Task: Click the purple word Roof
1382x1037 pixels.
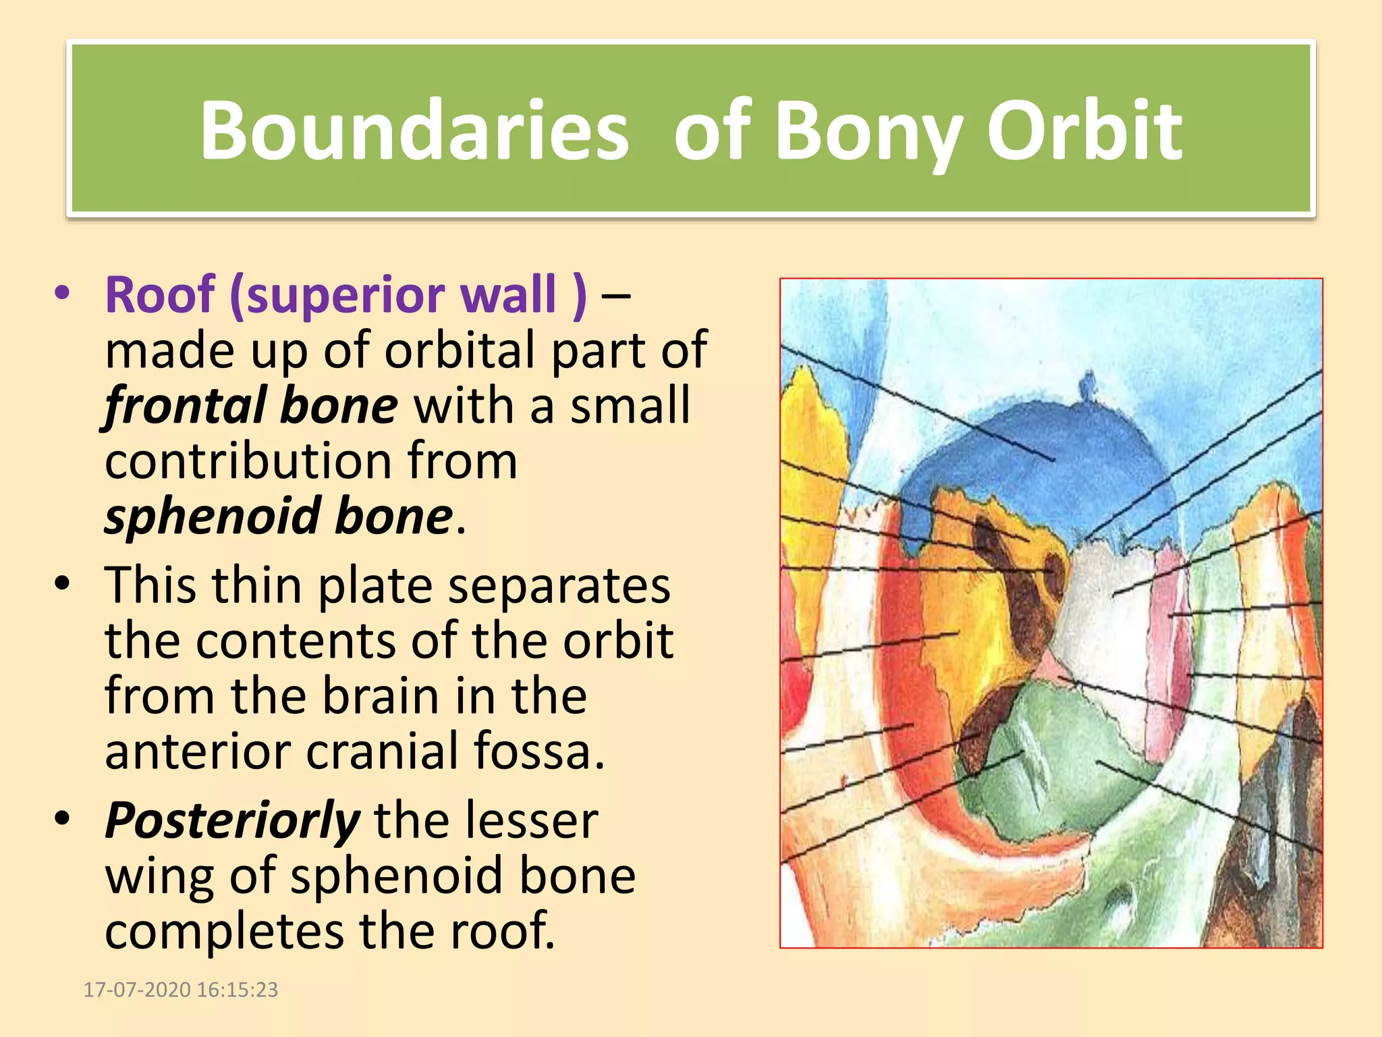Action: point(160,294)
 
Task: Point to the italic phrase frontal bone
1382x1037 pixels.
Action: point(251,405)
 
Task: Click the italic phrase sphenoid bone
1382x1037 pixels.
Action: point(278,516)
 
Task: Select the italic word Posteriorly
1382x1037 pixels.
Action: point(232,820)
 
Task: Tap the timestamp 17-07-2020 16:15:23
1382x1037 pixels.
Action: point(180,990)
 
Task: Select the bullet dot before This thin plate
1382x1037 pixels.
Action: point(63,583)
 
